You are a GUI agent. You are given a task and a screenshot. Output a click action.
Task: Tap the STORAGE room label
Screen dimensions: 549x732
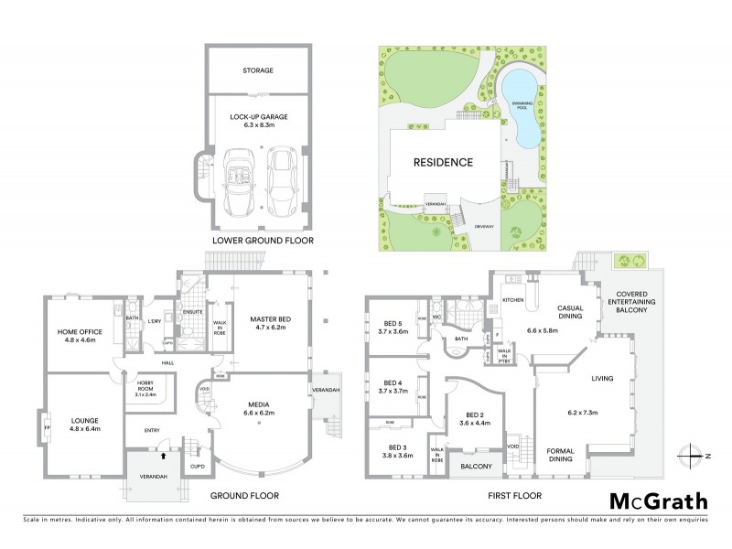[x=258, y=70]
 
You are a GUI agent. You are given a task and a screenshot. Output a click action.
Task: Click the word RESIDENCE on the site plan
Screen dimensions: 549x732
[x=442, y=163]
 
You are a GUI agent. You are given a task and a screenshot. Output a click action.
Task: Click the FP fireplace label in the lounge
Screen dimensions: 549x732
[x=46, y=426]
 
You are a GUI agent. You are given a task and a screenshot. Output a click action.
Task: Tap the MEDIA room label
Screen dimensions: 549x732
[x=255, y=407]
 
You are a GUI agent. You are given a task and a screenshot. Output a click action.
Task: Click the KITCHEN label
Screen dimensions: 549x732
[x=511, y=300]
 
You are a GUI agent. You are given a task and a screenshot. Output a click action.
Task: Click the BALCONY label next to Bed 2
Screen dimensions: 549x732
[x=477, y=467]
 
